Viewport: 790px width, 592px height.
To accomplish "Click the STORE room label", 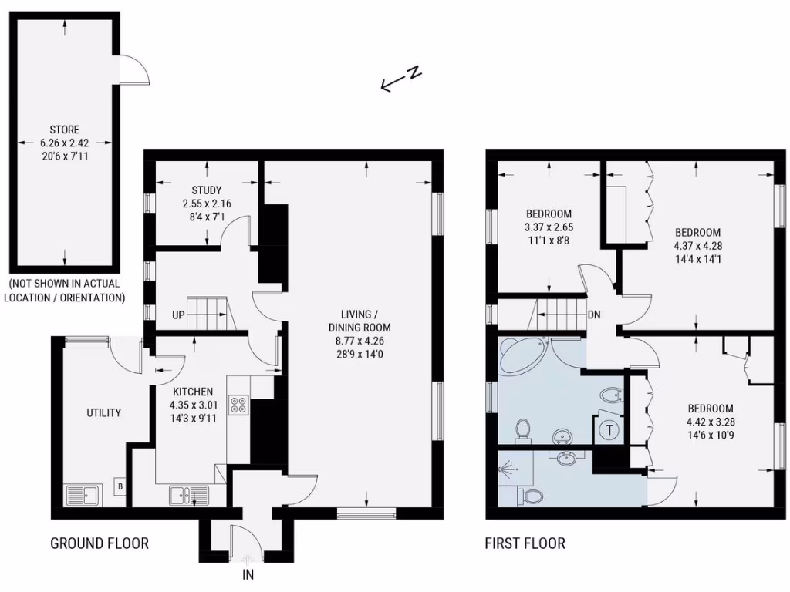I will [64, 129].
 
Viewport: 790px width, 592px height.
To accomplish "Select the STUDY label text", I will [207, 190].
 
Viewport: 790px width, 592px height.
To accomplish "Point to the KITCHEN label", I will [192, 392].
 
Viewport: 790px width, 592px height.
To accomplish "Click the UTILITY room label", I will [103, 413].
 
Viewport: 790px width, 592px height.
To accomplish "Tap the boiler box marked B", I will [120, 486].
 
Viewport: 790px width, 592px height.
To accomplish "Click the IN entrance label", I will [248, 574].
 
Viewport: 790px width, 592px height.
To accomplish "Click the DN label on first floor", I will [594, 314].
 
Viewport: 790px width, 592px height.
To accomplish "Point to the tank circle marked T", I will [610, 430].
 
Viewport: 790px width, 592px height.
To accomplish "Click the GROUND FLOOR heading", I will [100, 543].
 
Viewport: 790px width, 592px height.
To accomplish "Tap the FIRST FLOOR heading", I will [525, 543].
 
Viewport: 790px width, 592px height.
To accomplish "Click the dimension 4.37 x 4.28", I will [697, 246].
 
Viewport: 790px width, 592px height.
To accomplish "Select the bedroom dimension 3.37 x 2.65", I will [549, 227].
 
